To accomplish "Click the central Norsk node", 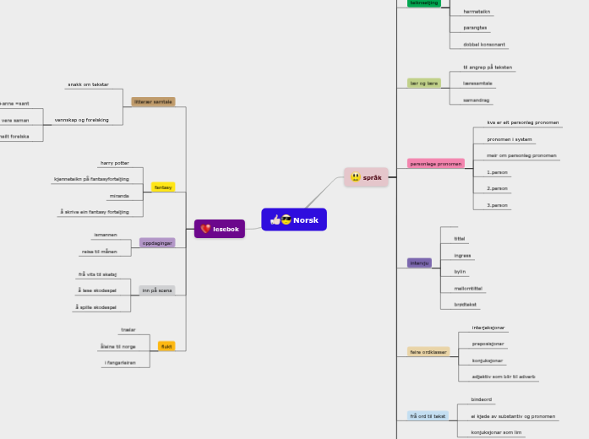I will click(x=294, y=219).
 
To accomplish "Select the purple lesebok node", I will click(x=220, y=229).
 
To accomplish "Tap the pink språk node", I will click(x=366, y=177).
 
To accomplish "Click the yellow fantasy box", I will click(x=163, y=187).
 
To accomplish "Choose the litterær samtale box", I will click(x=153, y=101).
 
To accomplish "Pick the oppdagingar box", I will click(x=157, y=242).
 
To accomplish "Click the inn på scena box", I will click(x=157, y=290).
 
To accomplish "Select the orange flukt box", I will click(x=166, y=346).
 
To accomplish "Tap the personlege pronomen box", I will click(x=436, y=163).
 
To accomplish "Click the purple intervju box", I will click(x=419, y=263).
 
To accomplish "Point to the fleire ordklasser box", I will click(x=429, y=351).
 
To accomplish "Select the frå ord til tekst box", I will click(x=428, y=416).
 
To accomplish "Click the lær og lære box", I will click(x=424, y=84).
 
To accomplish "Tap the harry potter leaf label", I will click(x=115, y=162).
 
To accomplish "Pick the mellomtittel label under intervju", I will click(x=467, y=288).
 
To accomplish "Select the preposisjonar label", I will click(x=488, y=344).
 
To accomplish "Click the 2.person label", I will click(x=497, y=188).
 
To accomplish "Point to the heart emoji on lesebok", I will click(x=205, y=229).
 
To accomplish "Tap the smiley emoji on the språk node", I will click(x=356, y=177).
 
